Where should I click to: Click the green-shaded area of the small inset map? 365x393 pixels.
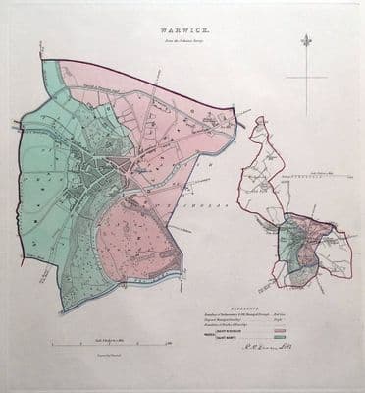pyautogui.click(x=286, y=247)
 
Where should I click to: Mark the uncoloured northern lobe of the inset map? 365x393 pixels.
pyautogui.click(x=269, y=157)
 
